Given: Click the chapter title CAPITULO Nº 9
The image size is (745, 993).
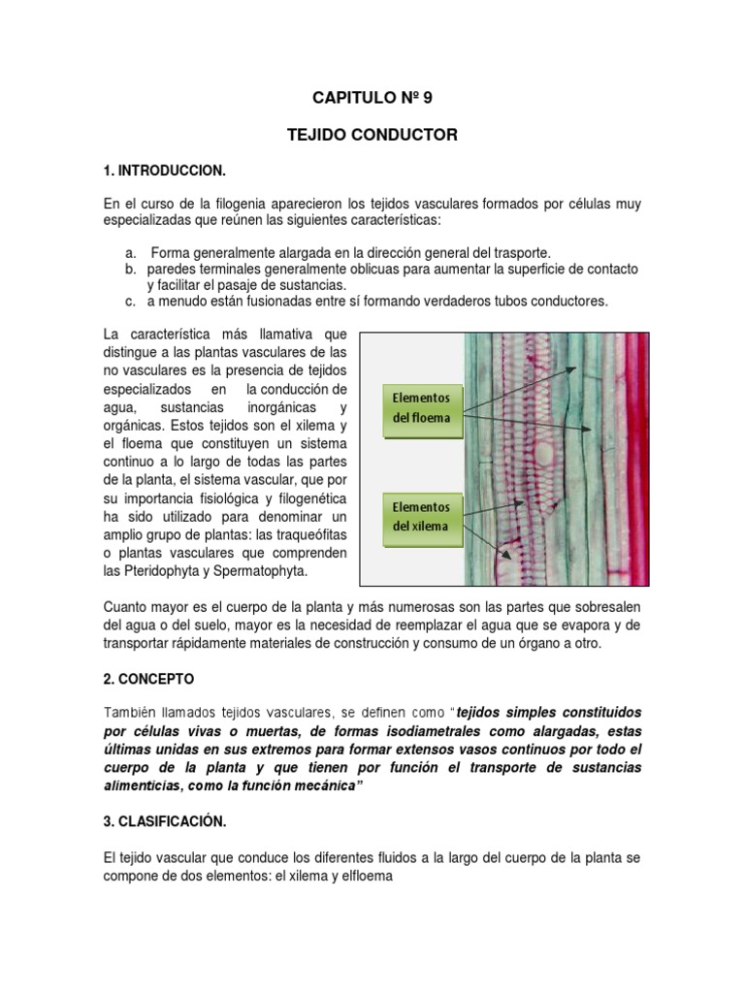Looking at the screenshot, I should tap(372, 98).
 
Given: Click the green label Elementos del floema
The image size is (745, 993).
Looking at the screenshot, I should tap(420, 407).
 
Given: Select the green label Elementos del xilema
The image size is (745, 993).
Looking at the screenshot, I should tap(420, 516).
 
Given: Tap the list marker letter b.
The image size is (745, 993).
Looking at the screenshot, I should tap(130, 268).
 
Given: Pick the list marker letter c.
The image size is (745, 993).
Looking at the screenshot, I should tap(130, 302).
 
